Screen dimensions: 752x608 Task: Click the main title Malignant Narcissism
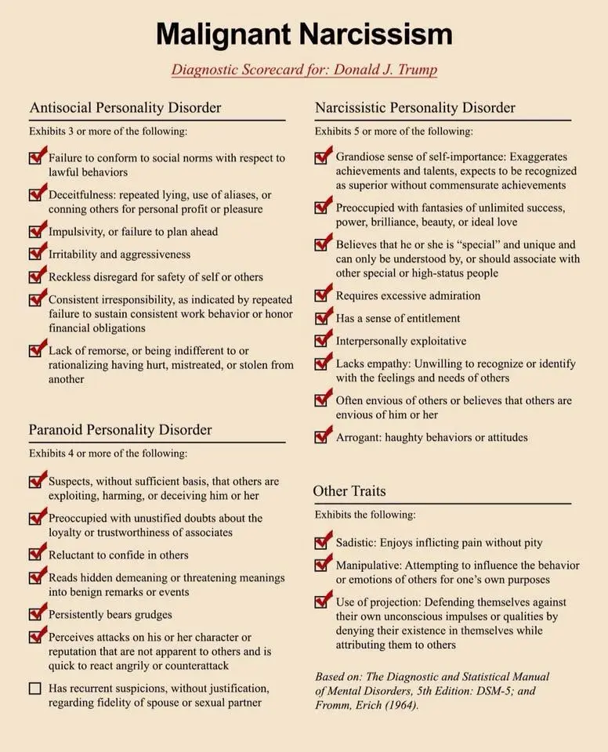(304, 34)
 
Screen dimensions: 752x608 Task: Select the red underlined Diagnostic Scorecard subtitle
(304, 69)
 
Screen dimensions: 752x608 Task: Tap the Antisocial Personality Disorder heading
(125, 107)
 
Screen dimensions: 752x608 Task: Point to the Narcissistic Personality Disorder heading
(415, 107)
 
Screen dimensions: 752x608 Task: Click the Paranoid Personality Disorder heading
(121, 429)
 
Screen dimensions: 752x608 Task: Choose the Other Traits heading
(349, 491)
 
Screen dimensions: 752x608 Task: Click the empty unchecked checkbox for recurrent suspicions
(35, 689)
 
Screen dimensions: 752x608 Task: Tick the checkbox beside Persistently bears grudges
(36, 615)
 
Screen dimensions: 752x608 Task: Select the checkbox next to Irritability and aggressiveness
(36, 255)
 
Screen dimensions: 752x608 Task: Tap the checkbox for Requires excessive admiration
(322, 296)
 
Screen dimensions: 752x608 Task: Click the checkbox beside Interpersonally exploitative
(322, 342)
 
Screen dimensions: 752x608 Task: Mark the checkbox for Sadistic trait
(322, 543)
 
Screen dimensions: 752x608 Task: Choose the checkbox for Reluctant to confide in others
(36, 555)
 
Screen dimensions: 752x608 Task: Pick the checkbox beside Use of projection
(322, 602)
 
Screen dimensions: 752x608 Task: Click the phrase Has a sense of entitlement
(398, 318)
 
